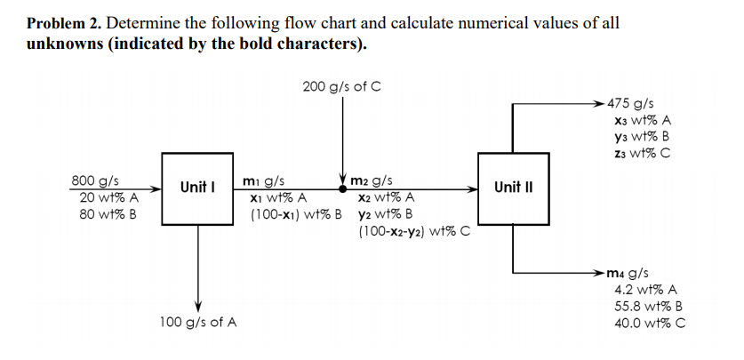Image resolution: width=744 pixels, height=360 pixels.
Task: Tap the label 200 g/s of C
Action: tap(342, 87)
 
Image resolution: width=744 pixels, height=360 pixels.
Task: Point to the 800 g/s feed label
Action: tap(96, 180)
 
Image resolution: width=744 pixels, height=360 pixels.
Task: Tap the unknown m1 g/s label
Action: tap(264, 181)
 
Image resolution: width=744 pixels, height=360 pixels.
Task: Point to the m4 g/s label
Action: tap(630, 272)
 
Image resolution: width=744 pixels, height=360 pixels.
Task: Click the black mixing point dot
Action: tap(342, 188)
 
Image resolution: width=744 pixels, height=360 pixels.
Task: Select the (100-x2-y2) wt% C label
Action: tap(413, 232)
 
